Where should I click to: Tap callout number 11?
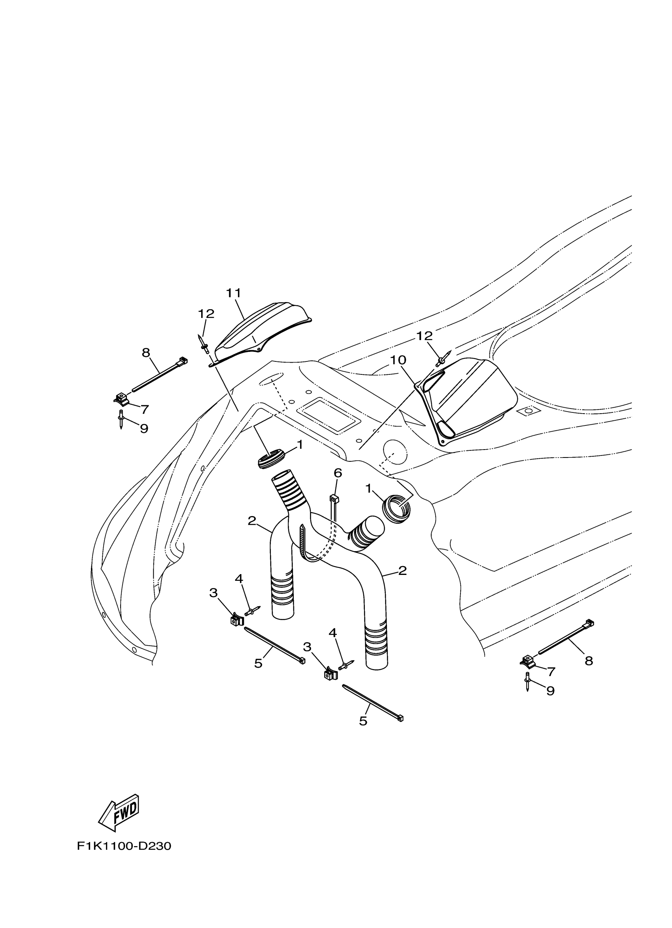point(234,293)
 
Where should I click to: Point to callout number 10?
point(398,360)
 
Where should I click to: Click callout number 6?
point(338,473)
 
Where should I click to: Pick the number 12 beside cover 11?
point(206,314)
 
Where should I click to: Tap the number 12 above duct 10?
point(424,336)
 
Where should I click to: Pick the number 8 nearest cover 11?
point(146,352)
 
